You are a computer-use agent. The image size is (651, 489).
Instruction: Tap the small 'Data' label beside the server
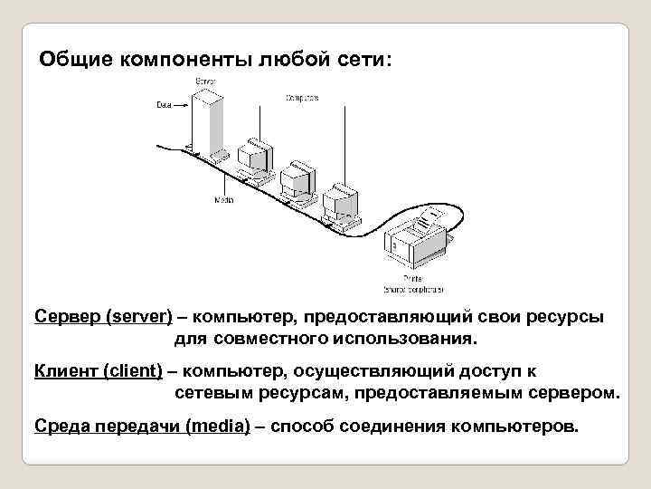(x=164, y=105)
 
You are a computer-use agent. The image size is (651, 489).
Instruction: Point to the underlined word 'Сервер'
(x=68, y=318)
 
